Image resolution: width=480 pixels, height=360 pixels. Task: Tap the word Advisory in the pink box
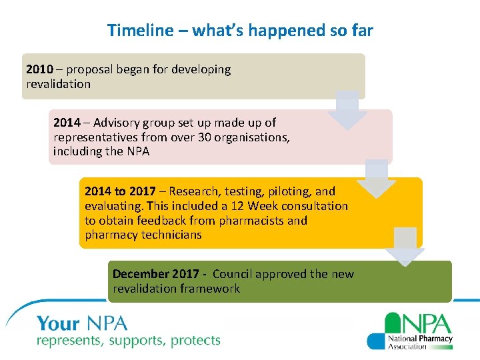point(117,123)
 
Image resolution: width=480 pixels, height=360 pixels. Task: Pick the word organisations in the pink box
point(265,137)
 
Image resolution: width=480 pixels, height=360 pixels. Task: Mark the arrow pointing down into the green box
point(405,247)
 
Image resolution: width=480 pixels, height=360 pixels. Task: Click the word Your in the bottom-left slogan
point(58,325)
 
